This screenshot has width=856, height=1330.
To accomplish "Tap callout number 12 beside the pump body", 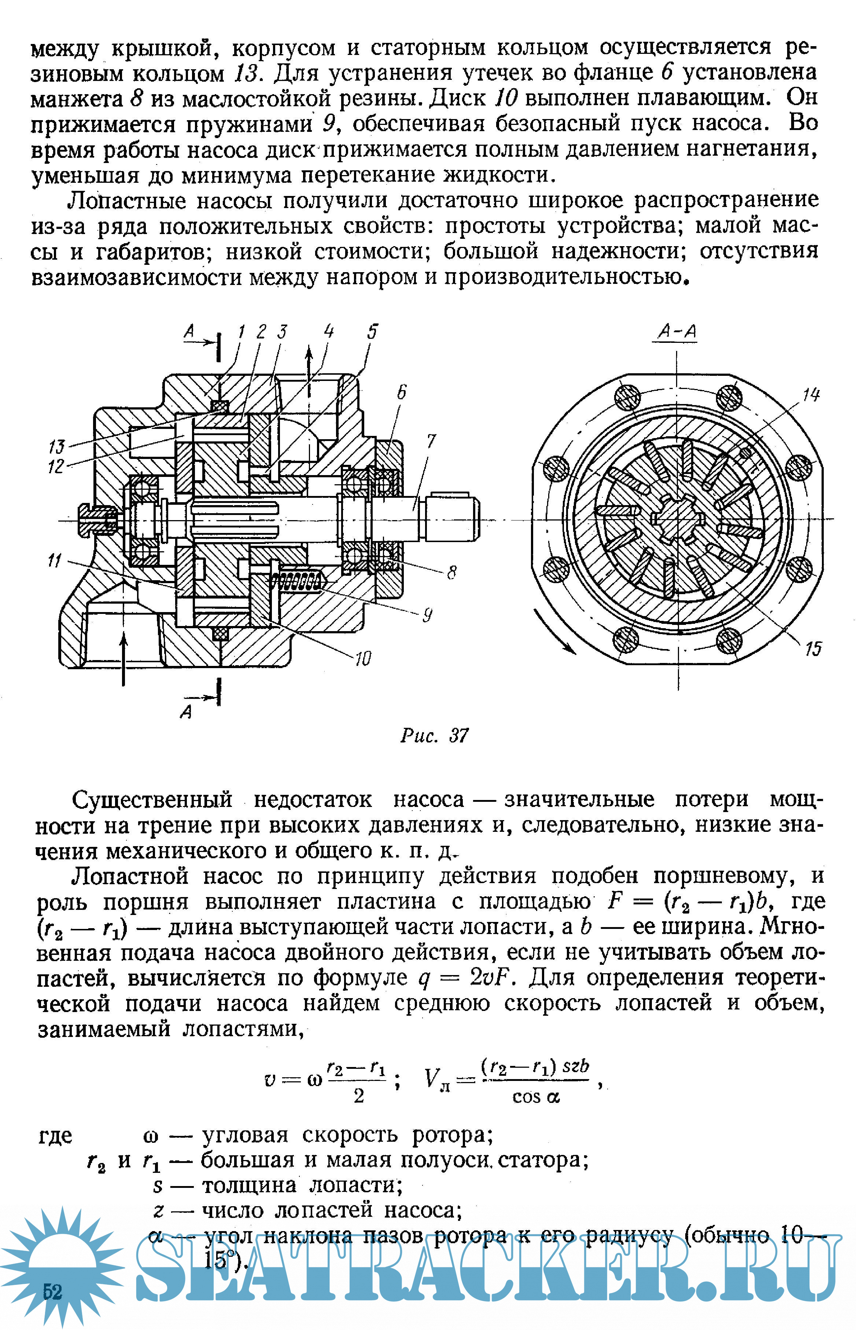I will coord(56,466).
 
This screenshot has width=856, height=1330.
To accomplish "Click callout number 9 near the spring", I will coord(427,615).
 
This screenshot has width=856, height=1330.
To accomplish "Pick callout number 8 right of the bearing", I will coord(451,572).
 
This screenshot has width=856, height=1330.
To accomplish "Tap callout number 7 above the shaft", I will coord(431,441).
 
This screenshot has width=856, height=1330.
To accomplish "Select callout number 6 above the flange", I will coord(401,392).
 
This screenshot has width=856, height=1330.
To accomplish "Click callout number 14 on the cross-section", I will coord(811,395).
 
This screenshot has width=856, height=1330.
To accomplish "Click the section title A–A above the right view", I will coord(676,331).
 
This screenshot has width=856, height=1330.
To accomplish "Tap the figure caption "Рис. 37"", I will coord(434,736).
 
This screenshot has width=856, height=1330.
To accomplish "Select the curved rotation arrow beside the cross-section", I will coord(553,633).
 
